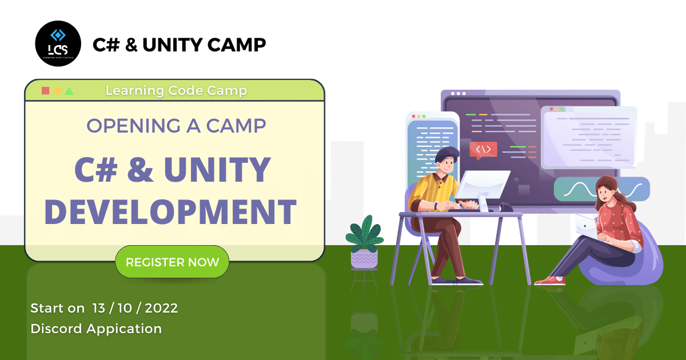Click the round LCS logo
58,43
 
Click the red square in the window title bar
45,91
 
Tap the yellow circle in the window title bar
58,91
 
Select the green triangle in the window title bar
69,91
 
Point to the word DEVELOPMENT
170,212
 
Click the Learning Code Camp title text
177,91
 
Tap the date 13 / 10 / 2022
135,308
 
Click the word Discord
57,329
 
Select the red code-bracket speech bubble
483,150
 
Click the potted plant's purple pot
365,259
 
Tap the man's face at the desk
448,165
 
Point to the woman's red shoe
551,281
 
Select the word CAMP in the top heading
237,45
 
